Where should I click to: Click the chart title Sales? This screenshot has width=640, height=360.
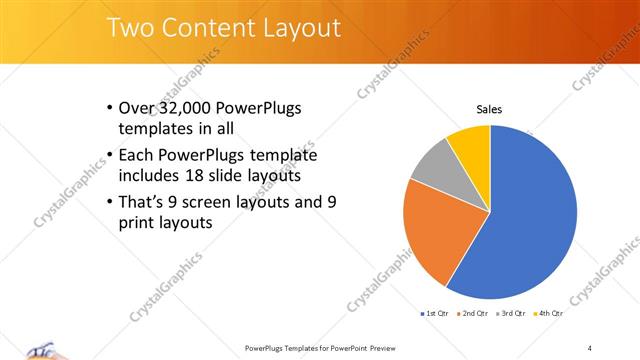(x=489, y=110)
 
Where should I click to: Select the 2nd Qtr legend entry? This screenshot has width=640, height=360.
(x=473, y=314)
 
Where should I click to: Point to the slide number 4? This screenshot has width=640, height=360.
(x=589, y=347)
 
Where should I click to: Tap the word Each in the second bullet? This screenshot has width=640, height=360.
(x=135, y=155)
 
